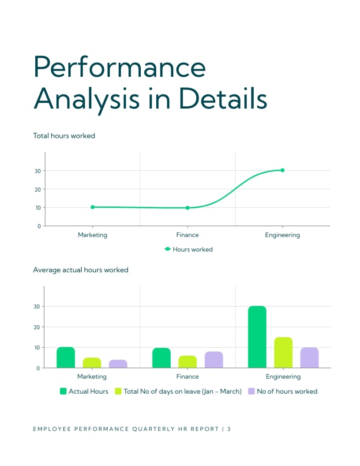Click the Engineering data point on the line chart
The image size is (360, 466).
point(282,170)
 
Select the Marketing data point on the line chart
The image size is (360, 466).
point(93,207)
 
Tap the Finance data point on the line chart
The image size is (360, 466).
point(187,208)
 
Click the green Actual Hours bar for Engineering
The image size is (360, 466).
point(257,337)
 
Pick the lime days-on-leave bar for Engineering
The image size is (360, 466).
point(283,353)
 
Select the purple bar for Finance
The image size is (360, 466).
point(214,360)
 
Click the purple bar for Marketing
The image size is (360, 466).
point(118,364)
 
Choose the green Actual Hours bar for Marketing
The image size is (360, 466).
point(66,357)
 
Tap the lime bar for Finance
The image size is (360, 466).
point(187,362)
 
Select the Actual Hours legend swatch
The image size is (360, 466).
point(63,391)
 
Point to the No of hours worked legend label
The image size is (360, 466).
point(287,391)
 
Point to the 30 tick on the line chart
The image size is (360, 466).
point(37,171)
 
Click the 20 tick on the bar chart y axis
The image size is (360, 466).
point(37,327)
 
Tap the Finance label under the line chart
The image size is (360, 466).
point(187,235)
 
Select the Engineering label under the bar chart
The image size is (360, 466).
point(283,376)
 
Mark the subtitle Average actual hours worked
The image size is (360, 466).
point(81,270)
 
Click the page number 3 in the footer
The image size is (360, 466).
point(229,429)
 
